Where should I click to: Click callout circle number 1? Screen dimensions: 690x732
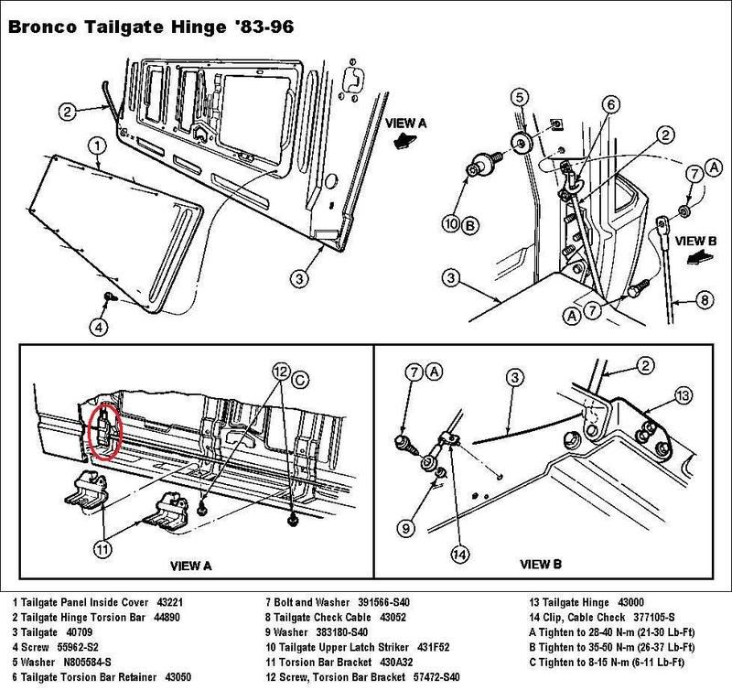[x=95, y=144]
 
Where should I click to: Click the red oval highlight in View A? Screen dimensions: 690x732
[x=107, y=427]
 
